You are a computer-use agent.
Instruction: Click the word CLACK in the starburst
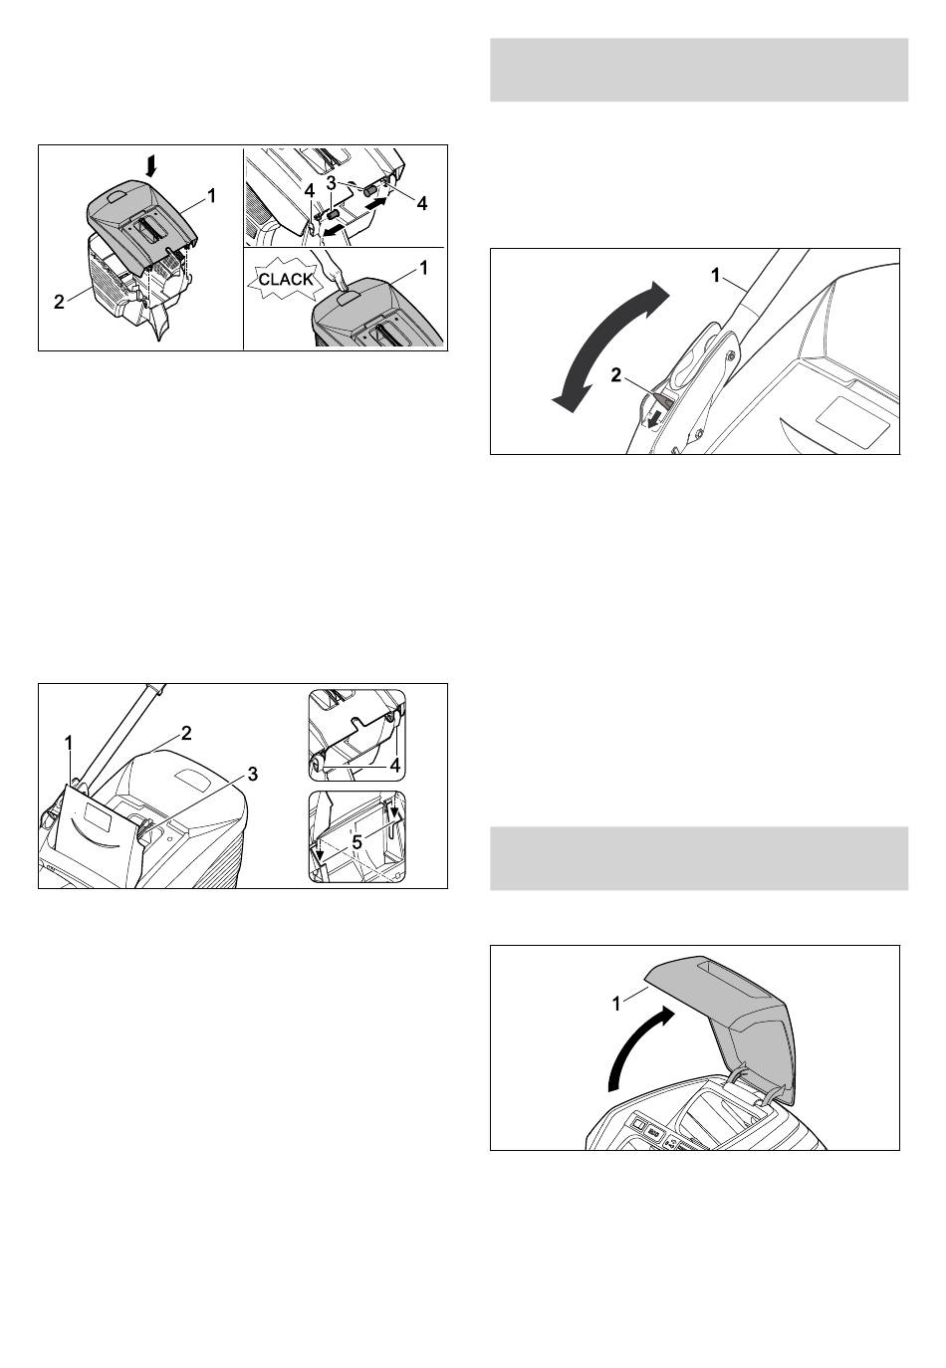pyautogui.click(x=286, y=279)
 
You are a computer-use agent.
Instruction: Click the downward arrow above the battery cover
pyautogui.click(x=150, y=166)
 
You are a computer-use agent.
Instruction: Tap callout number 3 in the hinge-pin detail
pyautogui.click(x=331, y=182)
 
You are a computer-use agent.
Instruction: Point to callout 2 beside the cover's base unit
pyautogui.click(x=59, y=302)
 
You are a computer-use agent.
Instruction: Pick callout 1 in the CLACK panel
pyautogui.click(x=424, y=268)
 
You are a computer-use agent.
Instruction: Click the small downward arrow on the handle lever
pyautogui.click(x=654, y=418)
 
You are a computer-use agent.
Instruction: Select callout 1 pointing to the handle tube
pyautogui.click(x=716, y=276)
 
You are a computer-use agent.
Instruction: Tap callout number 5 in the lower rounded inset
pyautogui.click(x=356, y=842)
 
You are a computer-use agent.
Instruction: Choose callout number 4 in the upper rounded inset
pyautogui.click(x=395, y=765)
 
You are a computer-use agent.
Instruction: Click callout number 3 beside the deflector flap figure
pyautogui.click(x=252, y=775)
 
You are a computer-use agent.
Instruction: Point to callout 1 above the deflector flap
pyautogui.click(x=69, y=743)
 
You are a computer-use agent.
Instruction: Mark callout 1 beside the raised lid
pyautogui.click(x=616, y=1004)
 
